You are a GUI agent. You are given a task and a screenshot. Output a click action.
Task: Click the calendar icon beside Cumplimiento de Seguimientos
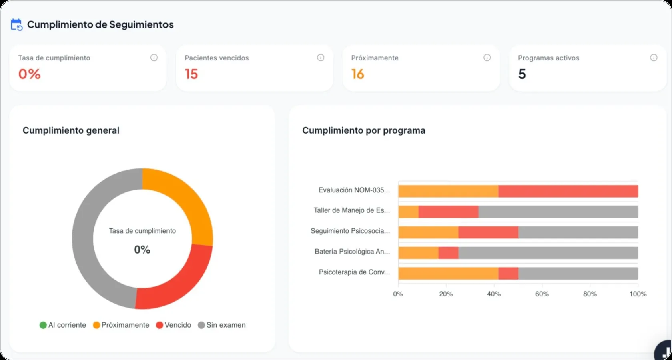point(16,25)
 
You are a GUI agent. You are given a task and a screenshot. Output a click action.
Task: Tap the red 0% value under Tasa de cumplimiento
point(29,74)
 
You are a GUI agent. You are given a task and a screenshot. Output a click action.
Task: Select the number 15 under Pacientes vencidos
point(191,74)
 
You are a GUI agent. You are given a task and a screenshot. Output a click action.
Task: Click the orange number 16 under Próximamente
point(357,74)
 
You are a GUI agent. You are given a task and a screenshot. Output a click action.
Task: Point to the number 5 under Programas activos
point(522,74)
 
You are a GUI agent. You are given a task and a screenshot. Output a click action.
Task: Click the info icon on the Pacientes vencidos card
point(321,58)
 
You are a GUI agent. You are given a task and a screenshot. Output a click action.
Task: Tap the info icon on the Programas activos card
point(654,58)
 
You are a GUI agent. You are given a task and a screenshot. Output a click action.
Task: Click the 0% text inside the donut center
point(142,250)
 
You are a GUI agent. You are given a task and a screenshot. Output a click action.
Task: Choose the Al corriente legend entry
point(63,325)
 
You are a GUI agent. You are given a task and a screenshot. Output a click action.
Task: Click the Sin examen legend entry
point(222,325)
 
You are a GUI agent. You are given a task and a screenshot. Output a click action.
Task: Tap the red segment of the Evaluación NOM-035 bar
point(568,191)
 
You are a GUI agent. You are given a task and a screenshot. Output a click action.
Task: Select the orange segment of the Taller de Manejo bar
point(408,212)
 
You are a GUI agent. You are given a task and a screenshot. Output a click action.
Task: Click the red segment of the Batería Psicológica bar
point(448,253)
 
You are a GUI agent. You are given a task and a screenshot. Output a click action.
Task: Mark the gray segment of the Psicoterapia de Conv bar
point(578,274)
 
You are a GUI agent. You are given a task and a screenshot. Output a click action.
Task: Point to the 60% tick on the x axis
point(542,294)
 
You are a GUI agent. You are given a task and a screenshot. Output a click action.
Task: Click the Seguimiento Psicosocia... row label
point(350,231)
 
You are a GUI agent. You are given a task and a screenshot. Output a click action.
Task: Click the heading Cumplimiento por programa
point(363,130)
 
